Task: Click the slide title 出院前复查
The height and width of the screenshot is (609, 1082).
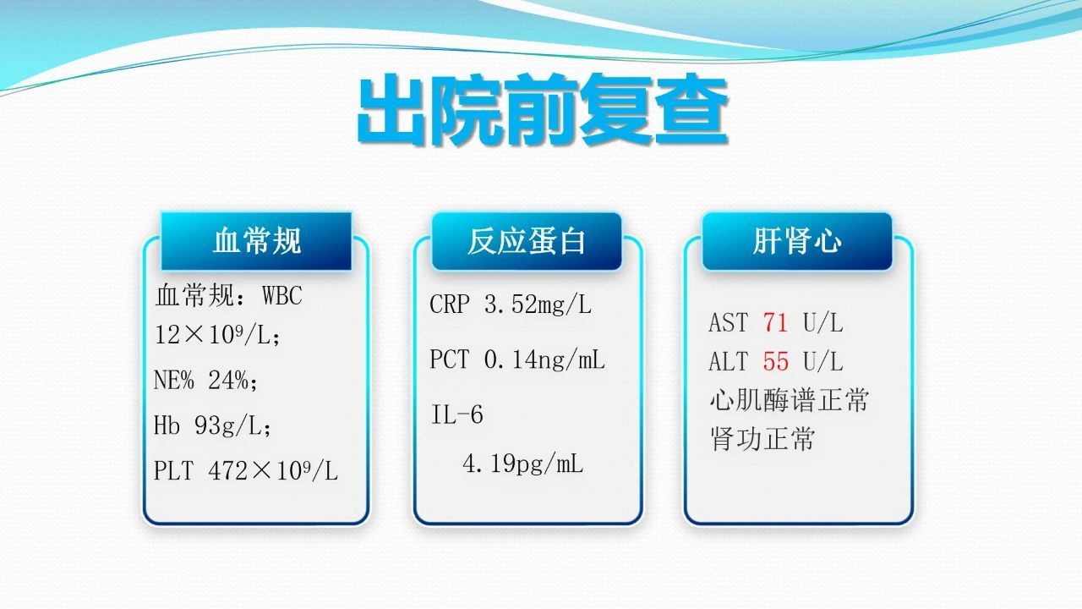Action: (x=543, y=109)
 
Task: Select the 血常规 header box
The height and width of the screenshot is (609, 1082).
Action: (x=256, y=241)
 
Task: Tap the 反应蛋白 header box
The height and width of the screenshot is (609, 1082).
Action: (x=527, y=241)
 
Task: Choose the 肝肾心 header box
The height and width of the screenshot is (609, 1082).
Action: (x=797, y=241)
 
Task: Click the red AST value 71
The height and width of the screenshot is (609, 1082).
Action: (x=776, y=322)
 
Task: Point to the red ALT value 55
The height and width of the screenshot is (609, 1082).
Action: (x=776, y=361)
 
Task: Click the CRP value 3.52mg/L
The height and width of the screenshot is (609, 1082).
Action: (x=538, y=305)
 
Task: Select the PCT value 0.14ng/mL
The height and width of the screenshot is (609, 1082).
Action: (x=544, y=360)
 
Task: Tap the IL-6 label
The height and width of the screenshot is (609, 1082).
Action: (x=457, y=414)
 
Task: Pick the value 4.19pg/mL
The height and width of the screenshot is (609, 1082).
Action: (x=522, y=464)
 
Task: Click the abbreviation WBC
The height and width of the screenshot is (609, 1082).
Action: (x=282, y=295)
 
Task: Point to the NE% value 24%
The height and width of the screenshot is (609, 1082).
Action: (x=228, y=381)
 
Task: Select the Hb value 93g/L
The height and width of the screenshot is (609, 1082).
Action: (x=228, y=425)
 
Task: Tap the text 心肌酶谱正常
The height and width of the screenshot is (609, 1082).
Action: (x=789, y=400)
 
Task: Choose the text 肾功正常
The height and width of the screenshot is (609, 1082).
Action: (x=762, y=439)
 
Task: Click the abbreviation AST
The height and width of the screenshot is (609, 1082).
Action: (x=728, y=322)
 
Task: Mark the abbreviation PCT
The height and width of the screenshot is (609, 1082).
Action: (x=449, y=359)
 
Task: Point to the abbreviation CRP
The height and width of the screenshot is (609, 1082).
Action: (x=449, y=304)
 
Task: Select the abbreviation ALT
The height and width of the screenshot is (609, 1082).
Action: (x=728, y=361)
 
